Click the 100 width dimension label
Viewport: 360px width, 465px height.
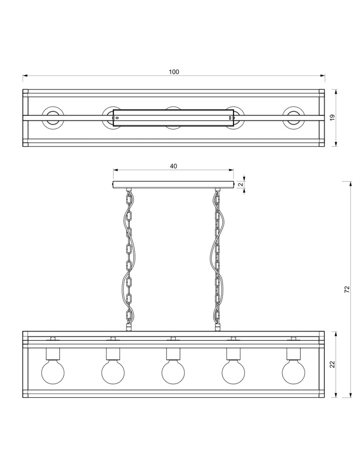pyautogui.click(x=173, y=72)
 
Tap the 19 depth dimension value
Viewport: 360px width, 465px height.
pyautogui.click(x=332, y=118)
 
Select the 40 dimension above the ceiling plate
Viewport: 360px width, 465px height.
pyautogui.click(x=173, y=166)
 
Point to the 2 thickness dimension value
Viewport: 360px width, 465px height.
pyautogui.click(x=240, y=185)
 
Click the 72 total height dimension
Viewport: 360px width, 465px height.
pyautogui.click(x=347, y=289)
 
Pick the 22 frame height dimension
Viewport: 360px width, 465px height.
pyautogui.click(x=332, y=365)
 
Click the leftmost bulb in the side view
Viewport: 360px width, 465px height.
pyautogui.click(x=53, y=372)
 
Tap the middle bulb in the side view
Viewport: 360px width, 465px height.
pyautogui.click(x=173, y=372)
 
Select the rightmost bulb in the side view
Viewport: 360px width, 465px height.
pyautogui.click(x=293, y=372)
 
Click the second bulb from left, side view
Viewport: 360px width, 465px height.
pyautogui.click(x=113, y=372)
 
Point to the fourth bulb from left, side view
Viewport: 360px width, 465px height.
pyautogui.click(x=233, y=372)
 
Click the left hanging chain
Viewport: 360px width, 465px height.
pyautogui.click(x=129, y=258)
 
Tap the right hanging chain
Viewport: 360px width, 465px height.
pyautogui.click(x=217, y=258)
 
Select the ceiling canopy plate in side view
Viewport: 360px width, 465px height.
pyautogui.click(x=173, y=185)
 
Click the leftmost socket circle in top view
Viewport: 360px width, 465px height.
pyautogui.click(x=53, y=118)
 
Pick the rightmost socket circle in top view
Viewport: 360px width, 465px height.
pyautogui.click(x=293, y=118)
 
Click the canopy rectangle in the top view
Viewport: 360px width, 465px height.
pyautogui.click(x=173, y=118)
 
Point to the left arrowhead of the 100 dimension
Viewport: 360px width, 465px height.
pyautogui.click(x=25, y=75)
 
